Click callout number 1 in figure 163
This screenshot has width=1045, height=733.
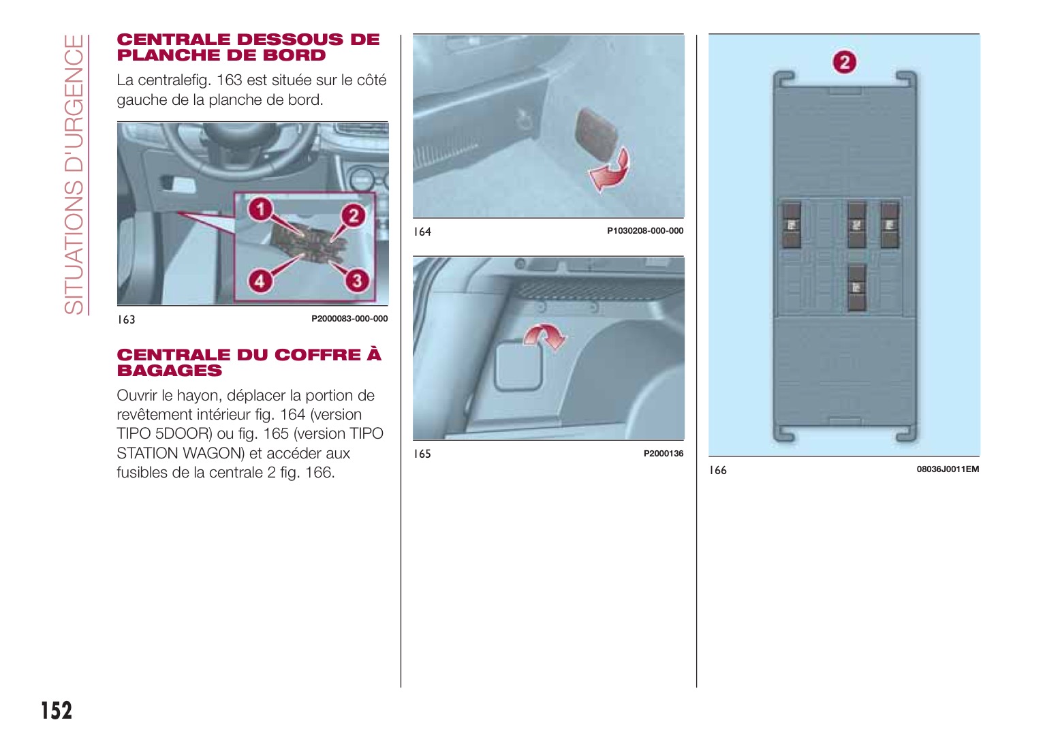[260, 209]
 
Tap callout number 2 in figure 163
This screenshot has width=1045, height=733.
[353, 216]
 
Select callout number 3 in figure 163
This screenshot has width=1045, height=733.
[356, 280]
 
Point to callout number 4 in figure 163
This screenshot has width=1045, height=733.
[260, 280]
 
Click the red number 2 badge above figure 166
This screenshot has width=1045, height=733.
[845, 63]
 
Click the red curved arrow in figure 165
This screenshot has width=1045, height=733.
[545, 335]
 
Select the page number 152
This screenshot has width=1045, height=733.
[57, 710]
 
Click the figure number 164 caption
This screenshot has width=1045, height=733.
[422, 232]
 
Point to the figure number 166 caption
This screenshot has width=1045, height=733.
[718, 470]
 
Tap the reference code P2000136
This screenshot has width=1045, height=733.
[663, 454]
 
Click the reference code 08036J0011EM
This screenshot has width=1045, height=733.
[947, 469]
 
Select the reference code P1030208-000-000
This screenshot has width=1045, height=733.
[644, 231]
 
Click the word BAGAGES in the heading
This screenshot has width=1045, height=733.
[170, 371]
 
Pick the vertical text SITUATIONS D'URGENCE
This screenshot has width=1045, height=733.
[74, 174]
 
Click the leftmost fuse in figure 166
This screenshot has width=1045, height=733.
[791, 225]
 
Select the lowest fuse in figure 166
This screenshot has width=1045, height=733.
[856, 287]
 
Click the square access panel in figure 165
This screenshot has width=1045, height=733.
[518, 366]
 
